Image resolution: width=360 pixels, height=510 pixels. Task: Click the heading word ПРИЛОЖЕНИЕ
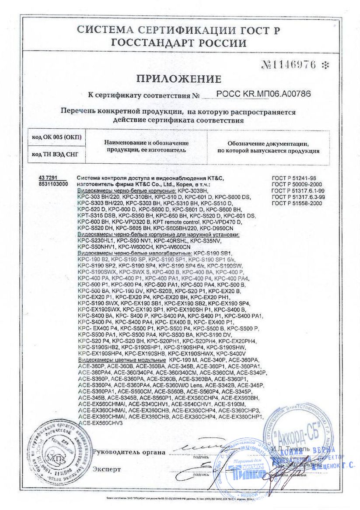(178, 79)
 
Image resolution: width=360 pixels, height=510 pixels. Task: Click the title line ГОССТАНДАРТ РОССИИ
(178, 43)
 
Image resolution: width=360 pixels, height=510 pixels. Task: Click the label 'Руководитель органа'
(129, 452)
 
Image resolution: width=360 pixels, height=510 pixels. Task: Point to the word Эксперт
(106, 469)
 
